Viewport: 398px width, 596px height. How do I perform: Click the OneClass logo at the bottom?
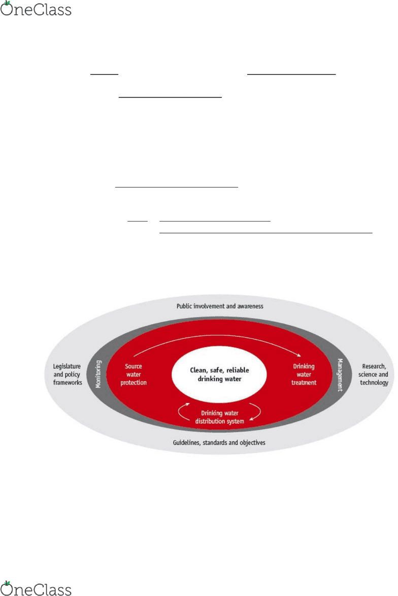36,588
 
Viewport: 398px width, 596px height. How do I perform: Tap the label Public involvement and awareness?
219,306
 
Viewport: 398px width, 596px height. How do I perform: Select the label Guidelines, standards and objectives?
219,443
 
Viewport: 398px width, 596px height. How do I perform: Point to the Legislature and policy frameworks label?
68,374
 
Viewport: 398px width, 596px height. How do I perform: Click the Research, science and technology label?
374,374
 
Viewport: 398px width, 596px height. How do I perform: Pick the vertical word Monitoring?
98,374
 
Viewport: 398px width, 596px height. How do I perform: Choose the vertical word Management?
340,375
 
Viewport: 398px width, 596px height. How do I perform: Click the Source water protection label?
134,374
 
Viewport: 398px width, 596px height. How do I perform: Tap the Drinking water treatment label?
304,374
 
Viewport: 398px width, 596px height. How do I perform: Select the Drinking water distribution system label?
219,417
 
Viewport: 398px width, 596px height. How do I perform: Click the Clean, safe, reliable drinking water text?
219,374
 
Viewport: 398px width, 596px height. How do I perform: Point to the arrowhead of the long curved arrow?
299,355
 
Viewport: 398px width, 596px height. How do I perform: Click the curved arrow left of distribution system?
179,412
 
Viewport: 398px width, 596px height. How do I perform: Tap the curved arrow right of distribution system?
260,412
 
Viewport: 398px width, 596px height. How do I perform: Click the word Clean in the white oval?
198,370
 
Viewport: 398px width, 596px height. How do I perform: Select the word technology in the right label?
374,383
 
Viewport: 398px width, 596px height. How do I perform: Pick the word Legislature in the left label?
67,366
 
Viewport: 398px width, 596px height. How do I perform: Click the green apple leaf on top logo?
7,3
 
